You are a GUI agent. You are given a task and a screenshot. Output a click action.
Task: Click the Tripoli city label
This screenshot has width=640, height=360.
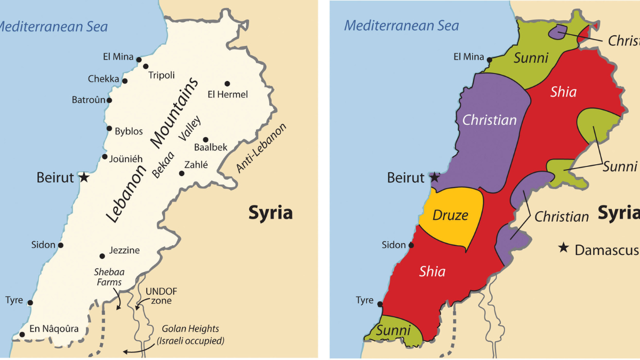(x=161, y=75)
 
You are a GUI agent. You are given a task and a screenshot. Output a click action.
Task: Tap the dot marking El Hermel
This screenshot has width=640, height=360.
(x=227, y=84)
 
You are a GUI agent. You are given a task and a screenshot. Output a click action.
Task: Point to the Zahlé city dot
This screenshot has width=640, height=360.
(x=182, y=173)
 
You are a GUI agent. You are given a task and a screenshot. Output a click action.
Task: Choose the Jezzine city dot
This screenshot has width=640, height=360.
(x=102, y=256)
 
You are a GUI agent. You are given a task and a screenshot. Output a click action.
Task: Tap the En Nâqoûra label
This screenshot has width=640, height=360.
(x=54, y=329)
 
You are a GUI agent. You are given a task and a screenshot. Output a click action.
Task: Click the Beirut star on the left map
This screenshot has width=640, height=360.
(x=84, y=178)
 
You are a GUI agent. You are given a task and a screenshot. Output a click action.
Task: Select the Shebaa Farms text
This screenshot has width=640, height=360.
(x=108, y=277)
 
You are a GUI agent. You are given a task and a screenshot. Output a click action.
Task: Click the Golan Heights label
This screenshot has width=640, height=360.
(x=191, y=334)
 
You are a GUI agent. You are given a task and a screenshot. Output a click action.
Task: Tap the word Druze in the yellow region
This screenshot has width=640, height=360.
(x=450, y=215)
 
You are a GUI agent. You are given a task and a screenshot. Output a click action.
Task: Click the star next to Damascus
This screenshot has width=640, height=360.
(x=563, y=248)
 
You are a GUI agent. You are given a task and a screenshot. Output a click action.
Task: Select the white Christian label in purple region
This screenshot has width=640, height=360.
(x=489, y=120)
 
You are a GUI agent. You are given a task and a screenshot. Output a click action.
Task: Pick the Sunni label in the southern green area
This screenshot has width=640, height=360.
(x=393, y=331)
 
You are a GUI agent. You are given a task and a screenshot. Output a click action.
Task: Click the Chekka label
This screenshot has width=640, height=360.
(x=103, y=79)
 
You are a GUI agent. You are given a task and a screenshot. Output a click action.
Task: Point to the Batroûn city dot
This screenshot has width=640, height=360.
(x=109, y=100)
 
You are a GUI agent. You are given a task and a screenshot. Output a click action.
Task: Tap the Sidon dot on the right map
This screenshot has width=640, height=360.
(x=411, y=245)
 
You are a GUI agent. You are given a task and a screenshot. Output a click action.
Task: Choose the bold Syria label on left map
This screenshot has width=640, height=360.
(x=270, y=213)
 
